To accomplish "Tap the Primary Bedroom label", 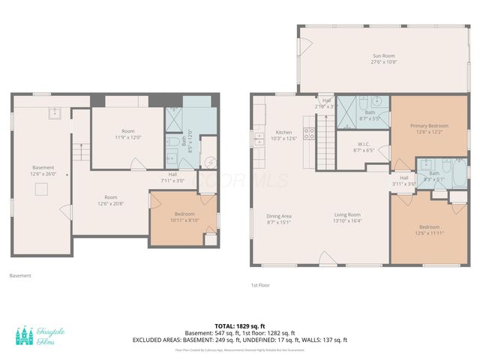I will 428,128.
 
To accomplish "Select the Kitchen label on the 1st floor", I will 283,135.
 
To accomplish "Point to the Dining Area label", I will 278,218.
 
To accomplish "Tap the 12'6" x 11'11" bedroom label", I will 429,229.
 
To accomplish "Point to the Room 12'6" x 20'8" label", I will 111,200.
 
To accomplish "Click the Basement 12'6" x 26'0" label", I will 43,170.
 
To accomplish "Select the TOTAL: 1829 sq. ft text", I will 239,325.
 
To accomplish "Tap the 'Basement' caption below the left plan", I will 20,275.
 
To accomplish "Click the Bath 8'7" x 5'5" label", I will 370,115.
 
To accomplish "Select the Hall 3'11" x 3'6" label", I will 403,181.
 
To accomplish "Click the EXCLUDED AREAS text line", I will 239,340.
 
